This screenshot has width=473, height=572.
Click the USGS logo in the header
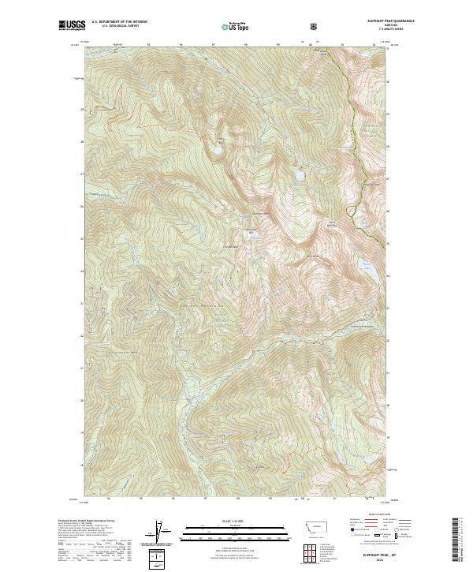(73, 26)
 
